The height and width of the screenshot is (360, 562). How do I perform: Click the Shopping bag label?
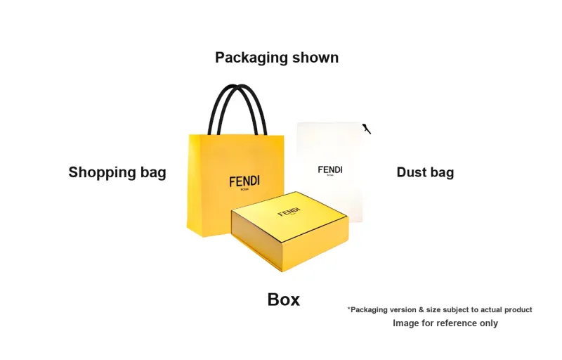tap(117, 173)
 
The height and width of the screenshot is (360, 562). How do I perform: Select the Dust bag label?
tap(425, 172)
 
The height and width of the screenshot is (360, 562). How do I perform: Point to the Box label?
tap(284, 300)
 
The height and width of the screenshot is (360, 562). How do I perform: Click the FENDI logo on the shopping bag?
tap(244, 181)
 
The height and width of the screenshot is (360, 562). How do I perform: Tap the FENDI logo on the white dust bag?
tap(330, 169)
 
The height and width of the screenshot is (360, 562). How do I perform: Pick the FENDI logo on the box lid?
tap(289, 212)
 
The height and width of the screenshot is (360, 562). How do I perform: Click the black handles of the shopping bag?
tap(237, 110)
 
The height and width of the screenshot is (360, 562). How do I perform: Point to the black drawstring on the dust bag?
tap(367, 129)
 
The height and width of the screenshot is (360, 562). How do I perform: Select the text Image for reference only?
tap(445, 323)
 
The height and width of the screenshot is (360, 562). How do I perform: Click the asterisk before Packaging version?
tap(348, 309)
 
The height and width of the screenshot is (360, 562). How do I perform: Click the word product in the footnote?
tap(518, 310)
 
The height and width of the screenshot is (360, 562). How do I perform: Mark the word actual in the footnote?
tap(491, 310)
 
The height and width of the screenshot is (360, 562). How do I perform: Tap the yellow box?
tap(289, 231)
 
